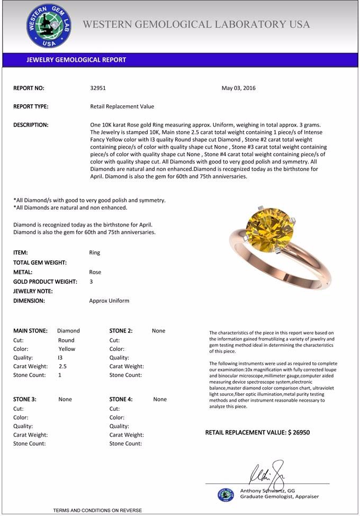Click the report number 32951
click(x=98, y=88)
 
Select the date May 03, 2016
click(x=238, y=88)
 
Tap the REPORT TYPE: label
click(x=31, y=106)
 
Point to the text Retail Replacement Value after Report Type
click(x=122, y=106)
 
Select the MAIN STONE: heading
click(x=30, y=331)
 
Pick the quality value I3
click(x=60, y=358)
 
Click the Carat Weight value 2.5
click(x=62, y=366)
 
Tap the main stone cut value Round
click(x=66, y=340)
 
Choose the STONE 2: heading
click(x=121, y=331)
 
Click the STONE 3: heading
click(x=24, y=399)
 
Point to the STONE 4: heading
click(x=121, y=399)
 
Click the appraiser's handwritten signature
click(x=267, y=470)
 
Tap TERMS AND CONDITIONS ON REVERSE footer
click(x=97, y=510)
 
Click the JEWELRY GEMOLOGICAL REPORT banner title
click(x=76, y=60)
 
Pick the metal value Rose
click(x=95, y=272)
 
